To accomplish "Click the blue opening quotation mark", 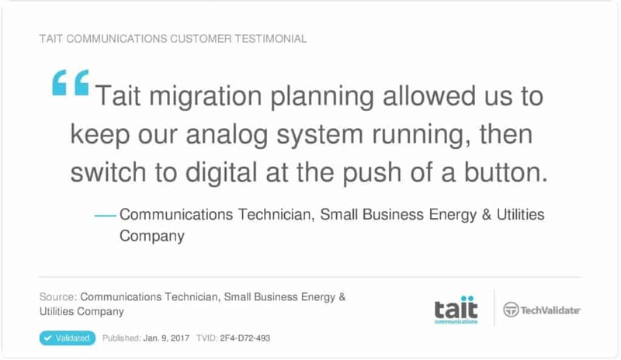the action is tap(71, 82).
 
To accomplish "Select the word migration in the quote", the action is tap(206, 97).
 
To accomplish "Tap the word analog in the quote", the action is tap(227, 135).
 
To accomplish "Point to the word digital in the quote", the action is tap(221, 173).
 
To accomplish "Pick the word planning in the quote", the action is tap(322, 97).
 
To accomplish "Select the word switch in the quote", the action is tap(108, 173).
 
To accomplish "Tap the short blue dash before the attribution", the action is tap(106, 216).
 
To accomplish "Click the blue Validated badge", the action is tap(68, 338).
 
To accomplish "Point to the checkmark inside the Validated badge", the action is tap(48, 338).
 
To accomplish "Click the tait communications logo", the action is tap(456, 310).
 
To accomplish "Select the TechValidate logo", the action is tap(541, 310).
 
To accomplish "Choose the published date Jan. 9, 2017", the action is tap(166, 338).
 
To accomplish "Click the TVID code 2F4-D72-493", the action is tap(245, 338).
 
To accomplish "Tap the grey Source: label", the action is tap(58, 297).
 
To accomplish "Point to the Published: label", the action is tap(122, 338).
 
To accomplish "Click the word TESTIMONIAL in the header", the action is tap(270, 39).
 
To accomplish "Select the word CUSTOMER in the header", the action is tap(201, 39).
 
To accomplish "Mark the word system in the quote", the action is tap(320, 135).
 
